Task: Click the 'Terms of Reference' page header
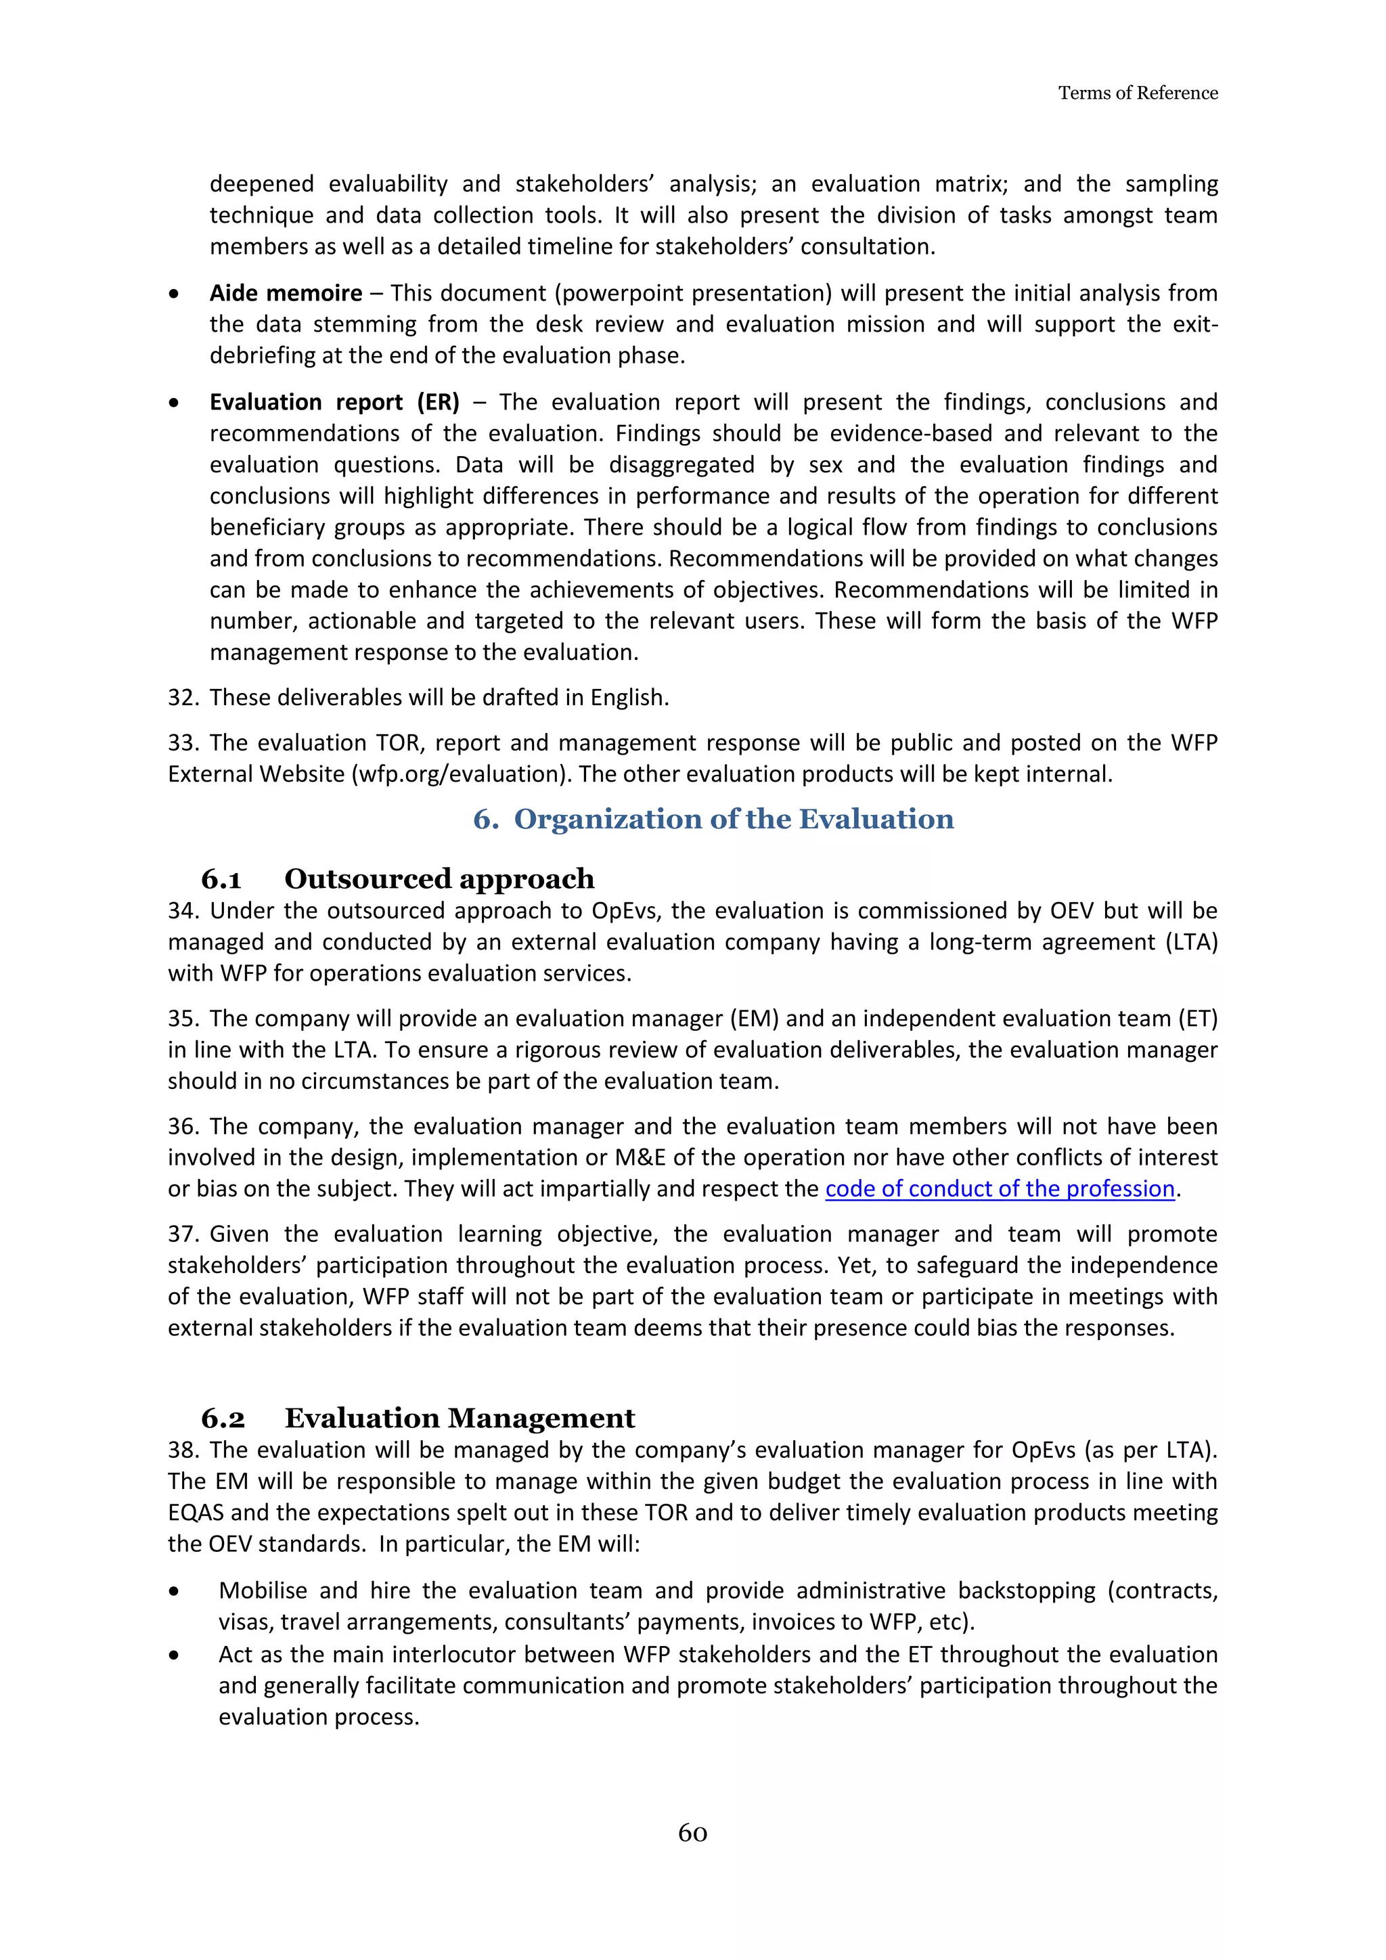[1137, 93]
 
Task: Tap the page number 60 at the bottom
[692, 1833]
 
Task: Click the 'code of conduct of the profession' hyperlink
[1000, 1188]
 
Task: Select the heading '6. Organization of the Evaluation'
[713, 819]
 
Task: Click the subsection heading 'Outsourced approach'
[439, 878]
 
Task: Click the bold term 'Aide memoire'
[286, 293]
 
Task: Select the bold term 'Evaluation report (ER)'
[334, 402]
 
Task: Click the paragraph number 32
[182, 698]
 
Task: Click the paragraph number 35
[182, 1019]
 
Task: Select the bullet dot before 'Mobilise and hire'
[174, 1591]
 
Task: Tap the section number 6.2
[223, 1418]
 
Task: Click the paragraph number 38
[182, 1450]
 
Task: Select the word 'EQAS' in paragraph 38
[196, 1512]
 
